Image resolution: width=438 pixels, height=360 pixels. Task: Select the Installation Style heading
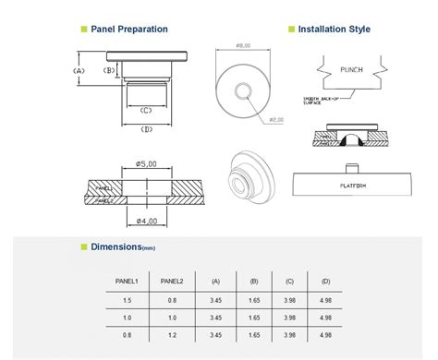pyautogui.click(x=334, y=29)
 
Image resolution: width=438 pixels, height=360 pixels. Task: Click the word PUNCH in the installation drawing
pyautogui.click(x=352, y=68)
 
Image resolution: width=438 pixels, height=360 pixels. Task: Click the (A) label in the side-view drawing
pyautogui.click(x=79, y=70)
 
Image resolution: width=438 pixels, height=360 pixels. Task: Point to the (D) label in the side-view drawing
pyautogui.click(x=147, y=128)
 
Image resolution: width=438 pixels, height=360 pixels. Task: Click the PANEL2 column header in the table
pyautogui.click(x=173, y=281)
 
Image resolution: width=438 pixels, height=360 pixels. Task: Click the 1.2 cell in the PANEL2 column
pyautogui.click(x=173, y=333)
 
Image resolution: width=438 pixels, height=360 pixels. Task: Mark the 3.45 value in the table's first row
pyautogui.click(x=216, y=300)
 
